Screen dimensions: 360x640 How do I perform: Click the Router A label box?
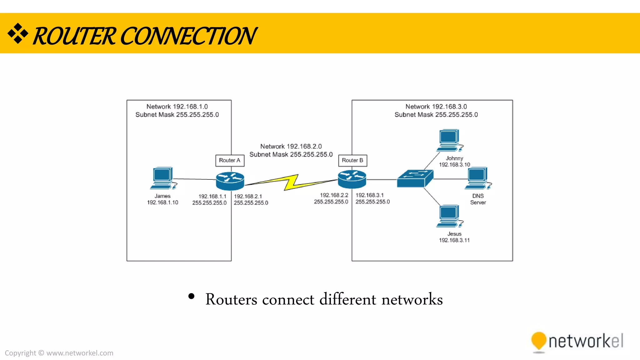point(230,161)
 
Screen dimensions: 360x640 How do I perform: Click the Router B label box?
point(352,161)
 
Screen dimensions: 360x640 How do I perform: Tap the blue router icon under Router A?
point(230,181)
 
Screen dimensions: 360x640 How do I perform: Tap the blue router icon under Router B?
point(352,179)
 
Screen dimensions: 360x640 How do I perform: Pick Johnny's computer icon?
point(449,140)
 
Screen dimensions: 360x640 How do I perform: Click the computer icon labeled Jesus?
point(449,216)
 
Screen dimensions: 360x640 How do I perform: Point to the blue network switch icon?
point(415,179)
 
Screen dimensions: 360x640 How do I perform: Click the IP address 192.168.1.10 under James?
point(162,202)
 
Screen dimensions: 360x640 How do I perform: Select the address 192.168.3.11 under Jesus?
point(454,240)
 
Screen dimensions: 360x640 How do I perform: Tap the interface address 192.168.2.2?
point(334,195)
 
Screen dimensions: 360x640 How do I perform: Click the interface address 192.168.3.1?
point(369,195)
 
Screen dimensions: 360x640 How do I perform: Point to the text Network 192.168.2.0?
point(291,146)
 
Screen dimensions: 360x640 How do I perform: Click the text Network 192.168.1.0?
point(177,107)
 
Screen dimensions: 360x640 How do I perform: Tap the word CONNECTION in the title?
point(188,36)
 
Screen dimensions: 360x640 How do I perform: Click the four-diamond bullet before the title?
point(18,33)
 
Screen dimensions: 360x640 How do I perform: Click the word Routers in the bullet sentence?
point(231,299)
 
